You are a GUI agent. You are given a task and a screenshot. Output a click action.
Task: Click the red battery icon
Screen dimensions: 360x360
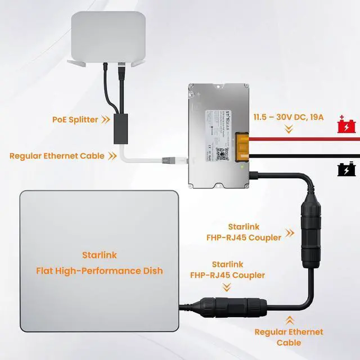(x=344, y=124)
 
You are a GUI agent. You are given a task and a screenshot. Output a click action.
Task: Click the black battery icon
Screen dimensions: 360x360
(x=344, y=169)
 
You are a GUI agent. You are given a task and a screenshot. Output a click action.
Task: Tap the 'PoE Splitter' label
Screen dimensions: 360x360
(x=75, y=119)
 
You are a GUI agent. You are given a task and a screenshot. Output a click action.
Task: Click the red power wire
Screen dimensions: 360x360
(x=309, y=137)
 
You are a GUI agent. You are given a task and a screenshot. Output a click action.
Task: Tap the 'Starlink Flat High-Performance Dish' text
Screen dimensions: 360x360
(x=99, y=263)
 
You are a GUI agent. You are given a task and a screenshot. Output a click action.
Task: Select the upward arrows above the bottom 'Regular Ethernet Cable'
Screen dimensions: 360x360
(x=289, y=319)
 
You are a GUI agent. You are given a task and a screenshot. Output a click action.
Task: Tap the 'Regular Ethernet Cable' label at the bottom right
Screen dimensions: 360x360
(x=289, y=337)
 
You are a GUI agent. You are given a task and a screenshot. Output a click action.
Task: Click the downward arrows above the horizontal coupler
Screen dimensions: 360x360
(x=227, y=287)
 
